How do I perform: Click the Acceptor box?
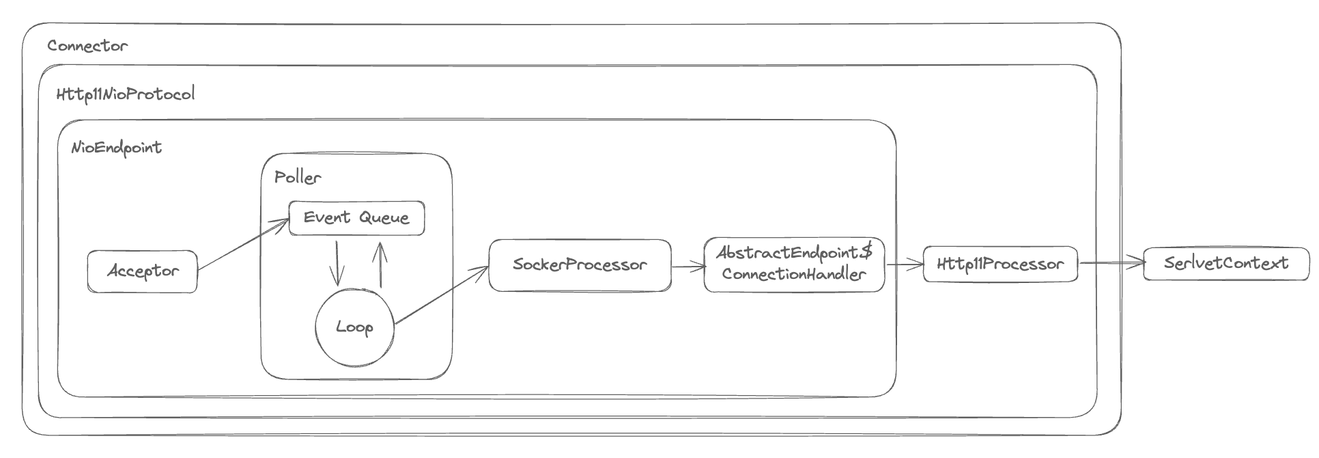(142, 271)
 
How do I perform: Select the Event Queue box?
(356, 218)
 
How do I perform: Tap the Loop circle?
(354, 327)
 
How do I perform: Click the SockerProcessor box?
(580, 265)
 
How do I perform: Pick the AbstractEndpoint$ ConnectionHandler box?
(794, 264)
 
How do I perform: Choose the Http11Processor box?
(1000, 265)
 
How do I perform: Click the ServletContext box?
(1226, 264)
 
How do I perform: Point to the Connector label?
(87, 46)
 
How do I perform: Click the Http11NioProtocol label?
(126, 94)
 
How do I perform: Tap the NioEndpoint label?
(117, 148)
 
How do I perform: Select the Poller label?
(298, 178)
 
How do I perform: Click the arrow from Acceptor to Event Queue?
(243, 245)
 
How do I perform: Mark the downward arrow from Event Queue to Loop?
(336, 262)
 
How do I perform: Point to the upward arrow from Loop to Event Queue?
(380, 264)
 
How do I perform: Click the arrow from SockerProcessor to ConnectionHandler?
(688, 267)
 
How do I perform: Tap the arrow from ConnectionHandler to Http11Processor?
(904, 265)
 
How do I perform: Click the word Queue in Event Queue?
(384, 218)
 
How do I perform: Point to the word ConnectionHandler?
(794, 275)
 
